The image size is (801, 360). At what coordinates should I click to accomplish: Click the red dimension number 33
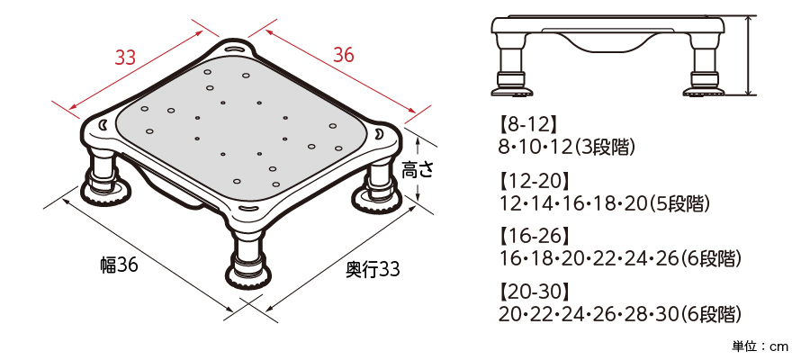(125, 58)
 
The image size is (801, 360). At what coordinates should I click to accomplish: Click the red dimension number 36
(343, 55)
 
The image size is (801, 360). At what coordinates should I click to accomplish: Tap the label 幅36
(119, 265)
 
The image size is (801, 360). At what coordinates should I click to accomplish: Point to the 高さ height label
(418, 170)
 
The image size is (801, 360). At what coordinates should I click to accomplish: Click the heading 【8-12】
(526, 124)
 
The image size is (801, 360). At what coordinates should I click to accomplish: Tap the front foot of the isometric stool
(248, 274)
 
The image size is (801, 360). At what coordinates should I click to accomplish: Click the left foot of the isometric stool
(106, 190)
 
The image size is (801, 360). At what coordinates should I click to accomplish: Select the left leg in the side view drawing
(512, 66)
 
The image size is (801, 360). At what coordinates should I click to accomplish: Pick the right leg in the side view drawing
(704, 66)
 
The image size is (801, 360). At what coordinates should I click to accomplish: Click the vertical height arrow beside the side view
(749, 55)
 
